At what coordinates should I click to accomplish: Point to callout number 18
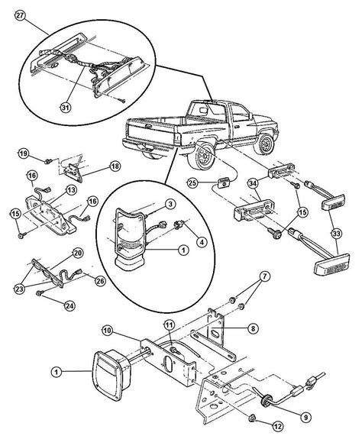[x=115, y=165]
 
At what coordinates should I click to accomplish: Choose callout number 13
[x=69, y=189]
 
